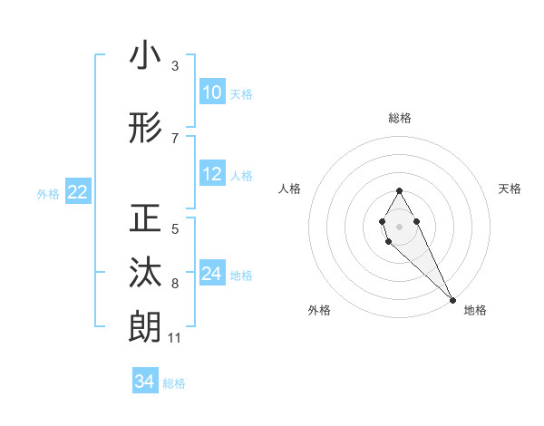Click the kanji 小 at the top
[x=145, y=56]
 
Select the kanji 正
[x=145, y=219]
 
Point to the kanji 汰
[x=145, y=272]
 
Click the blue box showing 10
[x=212, y=92]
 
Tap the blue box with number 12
[x=212, y=174]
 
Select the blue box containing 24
[x=212, y=274]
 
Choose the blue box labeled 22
[x=78, y=192]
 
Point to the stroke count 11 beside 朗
[x=174, y=338]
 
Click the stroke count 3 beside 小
[x=175, y=66]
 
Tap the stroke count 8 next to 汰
[x=175, y=284]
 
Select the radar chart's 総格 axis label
[x=399, y=118]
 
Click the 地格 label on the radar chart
[x=475, y=310]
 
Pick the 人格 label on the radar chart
[x=290, y=189]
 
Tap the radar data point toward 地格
[x=452, y=300]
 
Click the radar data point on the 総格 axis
[x=399, y=190]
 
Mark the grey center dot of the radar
[x=399, y=226]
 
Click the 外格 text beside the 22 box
[x=47, y=193]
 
